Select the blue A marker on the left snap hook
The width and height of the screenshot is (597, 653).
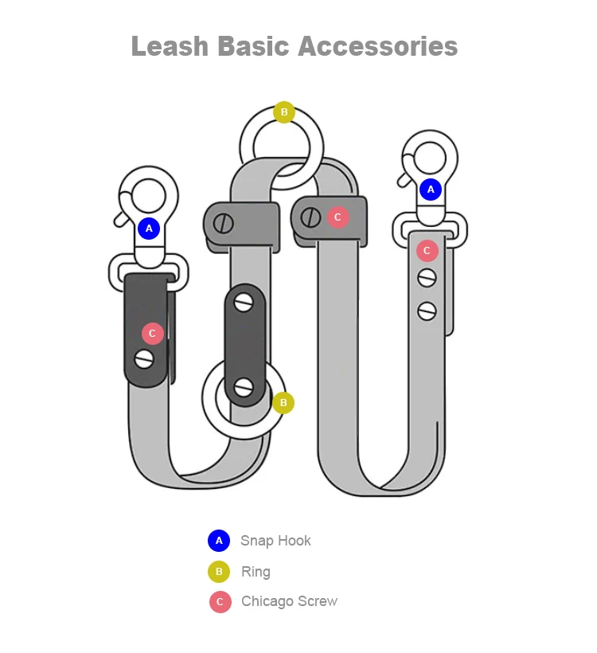coord(149,229)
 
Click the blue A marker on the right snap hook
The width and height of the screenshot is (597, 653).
coord(431,190)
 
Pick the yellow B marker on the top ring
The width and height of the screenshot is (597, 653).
coord(284,112)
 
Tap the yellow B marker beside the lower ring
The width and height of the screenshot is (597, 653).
coord(283,403)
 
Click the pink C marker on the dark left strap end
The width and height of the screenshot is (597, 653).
coord(153,334)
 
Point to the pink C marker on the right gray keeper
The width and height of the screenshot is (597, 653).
coord(338,217)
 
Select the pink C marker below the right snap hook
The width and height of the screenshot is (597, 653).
coord(427,251)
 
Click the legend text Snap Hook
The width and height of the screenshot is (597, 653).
coord(275,541)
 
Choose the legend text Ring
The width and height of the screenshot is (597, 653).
coord(256,572)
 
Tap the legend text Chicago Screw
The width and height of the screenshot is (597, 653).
coord(289,601)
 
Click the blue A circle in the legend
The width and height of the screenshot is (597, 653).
coord(219,541)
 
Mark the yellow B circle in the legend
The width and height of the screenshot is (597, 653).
coord(219,572)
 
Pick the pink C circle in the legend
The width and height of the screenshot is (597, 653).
coord(220,602)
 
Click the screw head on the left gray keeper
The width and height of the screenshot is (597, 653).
coord(224,222)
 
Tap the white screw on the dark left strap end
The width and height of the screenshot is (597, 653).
coord(144,358)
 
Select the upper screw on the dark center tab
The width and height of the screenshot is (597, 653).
coord(244,302)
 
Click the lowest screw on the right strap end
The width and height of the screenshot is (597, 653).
coord(427,311)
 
